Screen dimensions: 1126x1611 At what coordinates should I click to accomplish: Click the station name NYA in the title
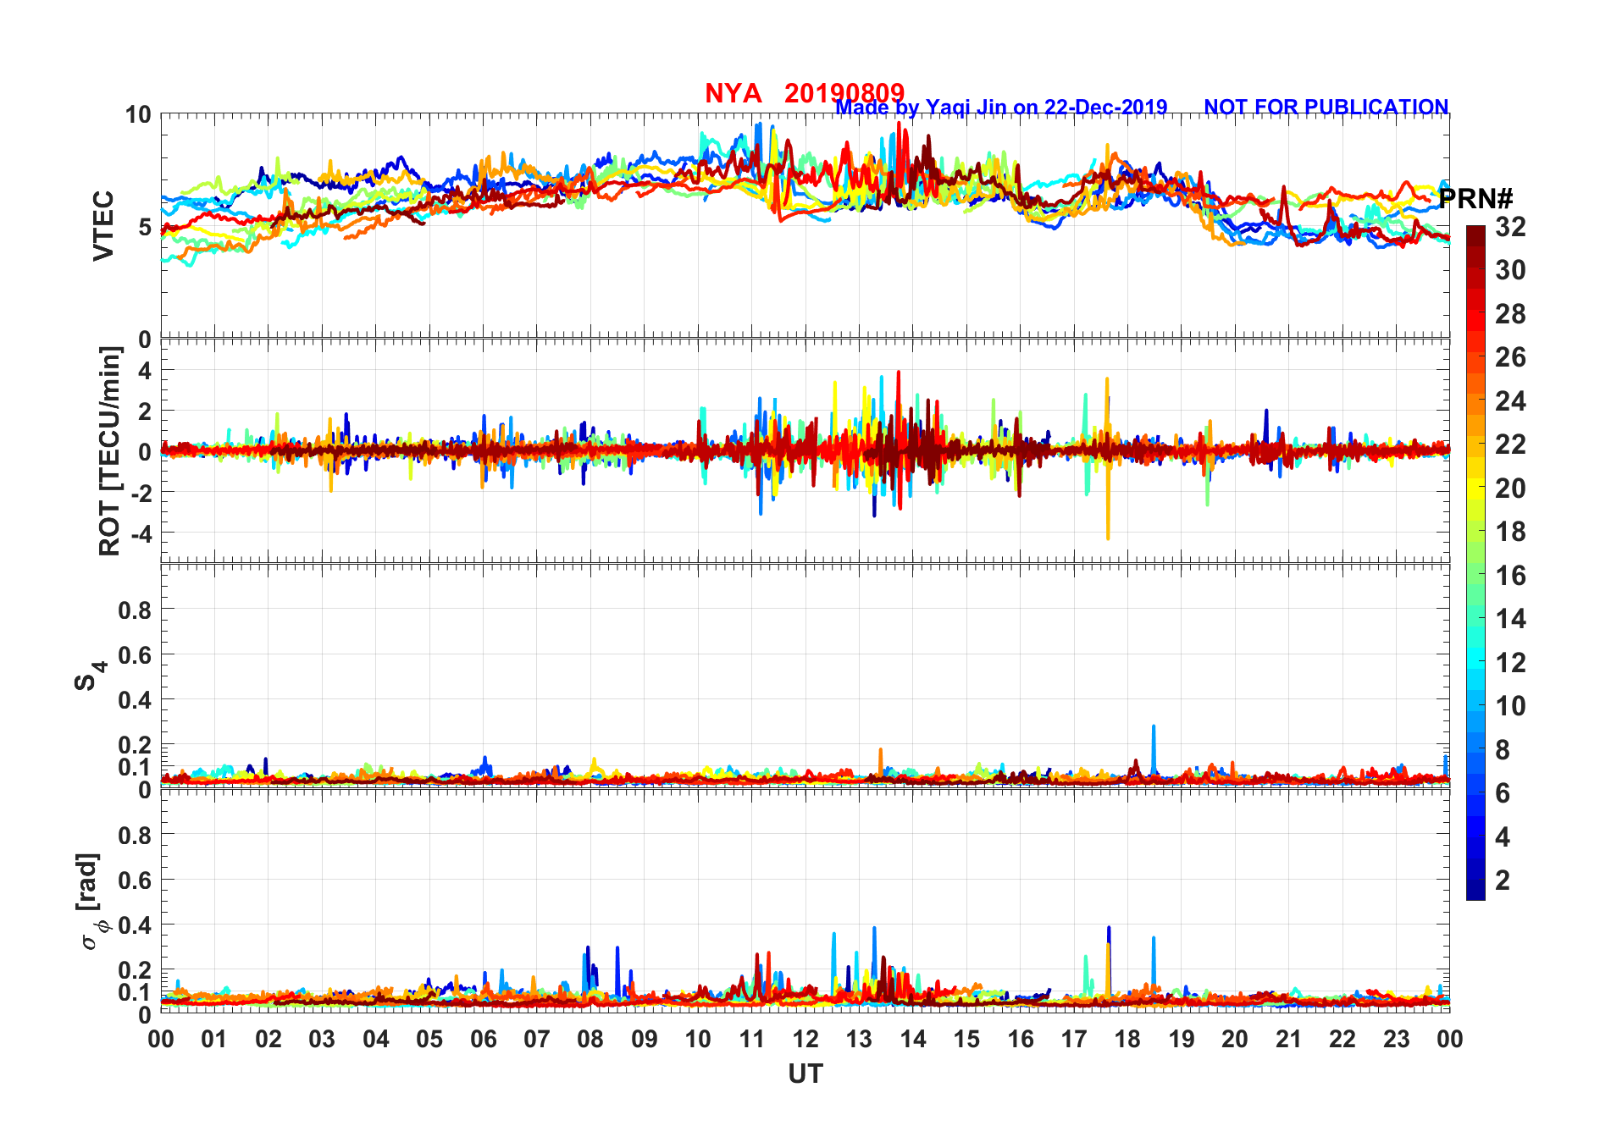coord(733,93)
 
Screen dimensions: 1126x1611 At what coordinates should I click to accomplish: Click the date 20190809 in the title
coord(844,92)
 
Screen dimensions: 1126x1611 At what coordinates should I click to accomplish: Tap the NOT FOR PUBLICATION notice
coord(1326,108)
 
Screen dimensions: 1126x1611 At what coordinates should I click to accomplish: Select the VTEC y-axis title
coord(103,226)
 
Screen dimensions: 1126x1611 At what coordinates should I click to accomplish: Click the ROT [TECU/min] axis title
coord(110,450)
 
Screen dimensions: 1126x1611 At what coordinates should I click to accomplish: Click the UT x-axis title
coord(805,1074)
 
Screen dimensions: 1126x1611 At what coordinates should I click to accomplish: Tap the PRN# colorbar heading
coord(1475,199)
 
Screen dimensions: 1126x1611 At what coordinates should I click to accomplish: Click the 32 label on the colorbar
coord(1510,227)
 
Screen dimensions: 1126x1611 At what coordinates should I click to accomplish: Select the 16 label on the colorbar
coord(1510,576)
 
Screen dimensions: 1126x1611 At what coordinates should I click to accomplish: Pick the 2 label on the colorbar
coord(1503,880)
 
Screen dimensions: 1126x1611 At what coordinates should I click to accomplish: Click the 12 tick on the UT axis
coord(805,1039)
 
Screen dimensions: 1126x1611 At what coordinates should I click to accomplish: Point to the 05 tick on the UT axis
coord(429,1039)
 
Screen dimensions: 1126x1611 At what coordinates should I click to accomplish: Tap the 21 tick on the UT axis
coord(1288,1039)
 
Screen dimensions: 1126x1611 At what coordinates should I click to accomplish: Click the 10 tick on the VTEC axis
coord(138,114)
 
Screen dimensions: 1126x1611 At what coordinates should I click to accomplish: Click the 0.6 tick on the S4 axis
coord(135,654)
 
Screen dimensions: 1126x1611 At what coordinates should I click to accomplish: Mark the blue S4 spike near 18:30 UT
coord(1154,728)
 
